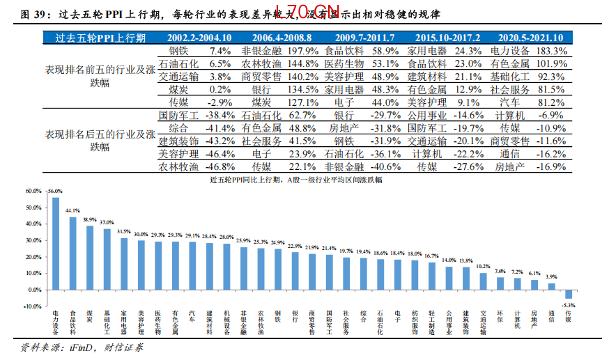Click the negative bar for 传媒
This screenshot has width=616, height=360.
[569, 294]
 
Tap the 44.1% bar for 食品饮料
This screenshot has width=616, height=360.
[72, 253]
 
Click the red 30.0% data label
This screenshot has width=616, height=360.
[141, 235]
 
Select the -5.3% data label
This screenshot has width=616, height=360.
[570, 304]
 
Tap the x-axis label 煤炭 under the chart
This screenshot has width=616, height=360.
[89, 318]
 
